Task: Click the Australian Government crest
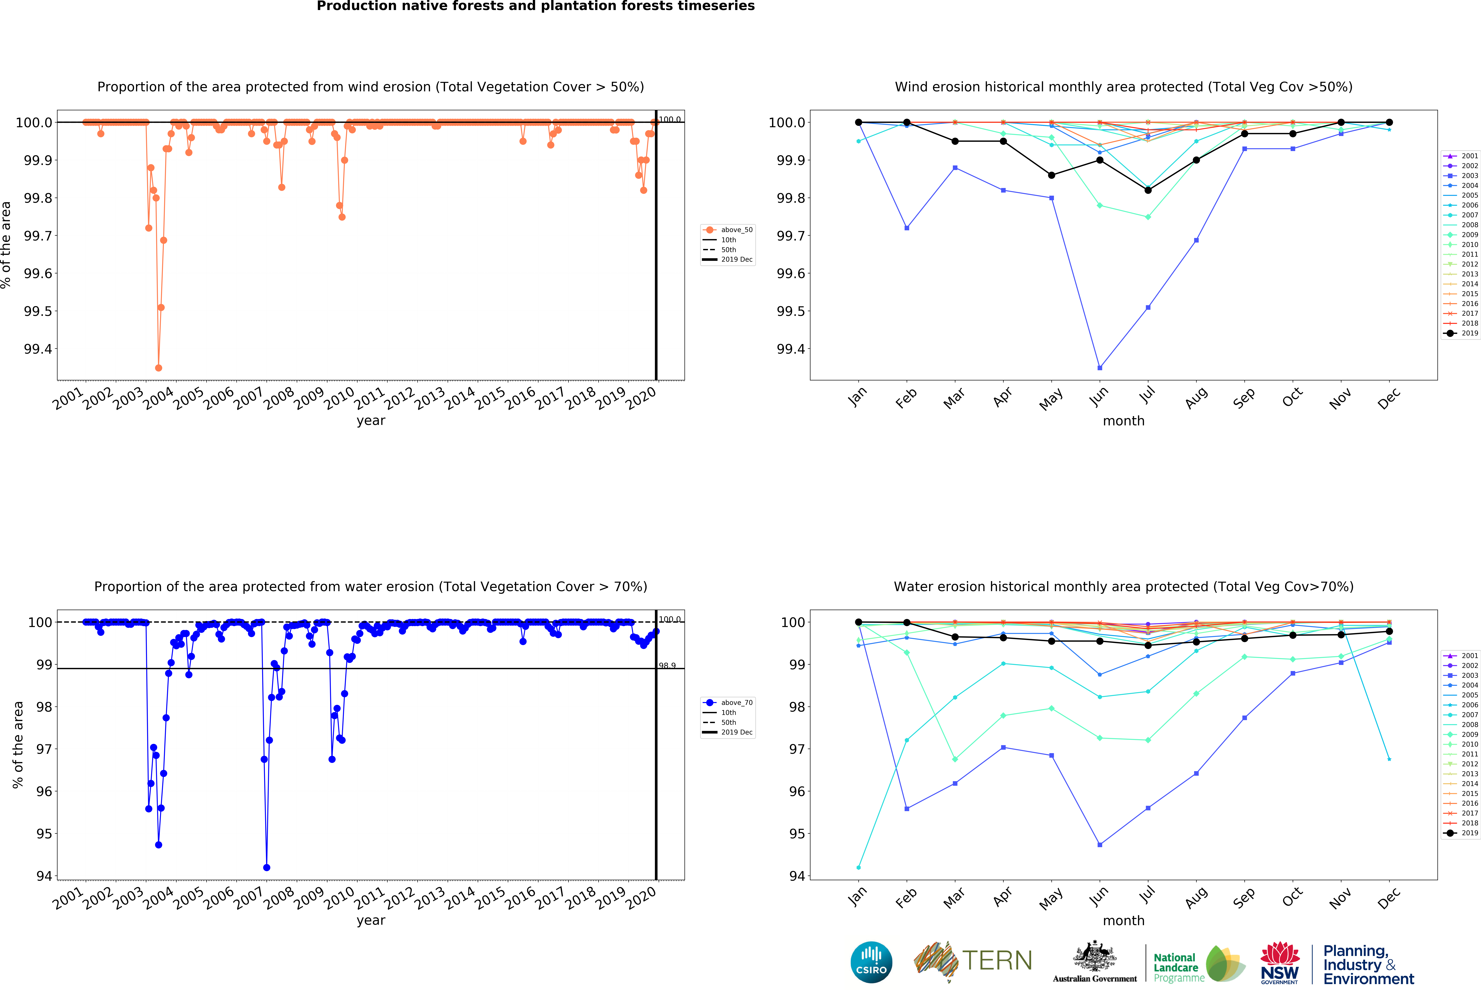click(1094, 956)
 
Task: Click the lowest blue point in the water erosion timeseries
click(266, 867)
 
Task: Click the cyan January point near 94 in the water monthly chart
click(858, 867)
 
